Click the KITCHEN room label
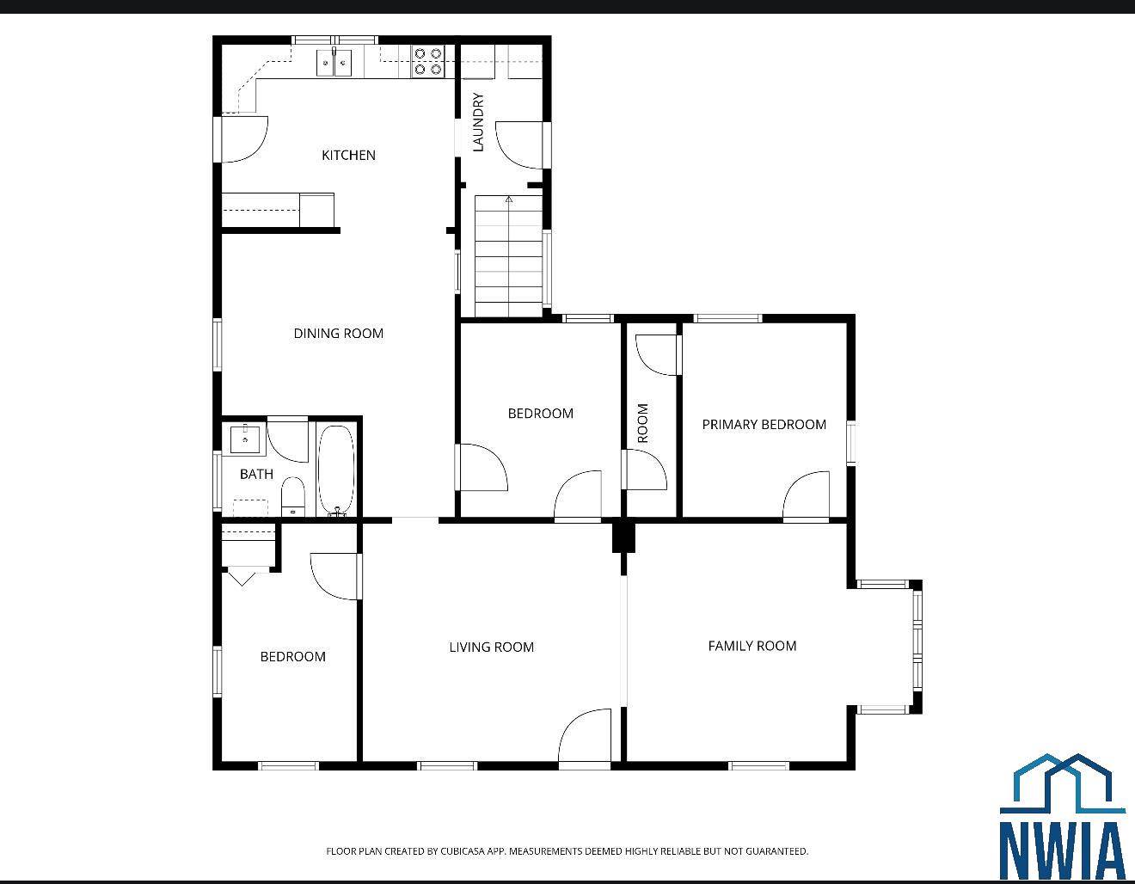(x=348, y=156)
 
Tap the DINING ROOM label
(x=338, y=334)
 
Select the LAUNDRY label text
(x=479, y=122)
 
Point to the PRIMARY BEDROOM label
(x=764, y=425)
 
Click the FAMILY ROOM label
(x=752, y=646)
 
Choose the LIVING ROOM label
(x=491, y=648)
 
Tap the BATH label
(x=256, y=474)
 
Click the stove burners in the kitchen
(x=427, y=60)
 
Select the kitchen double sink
(x=334, y=62)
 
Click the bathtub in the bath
(x=335, y=470)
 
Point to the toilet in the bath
(x=293, y=496)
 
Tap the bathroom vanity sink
(x=245, y=439)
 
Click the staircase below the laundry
(x=508, y=258)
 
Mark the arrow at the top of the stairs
(x=508, y=200)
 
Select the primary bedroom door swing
(x=807, y=497)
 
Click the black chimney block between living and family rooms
(x=623, y=537)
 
